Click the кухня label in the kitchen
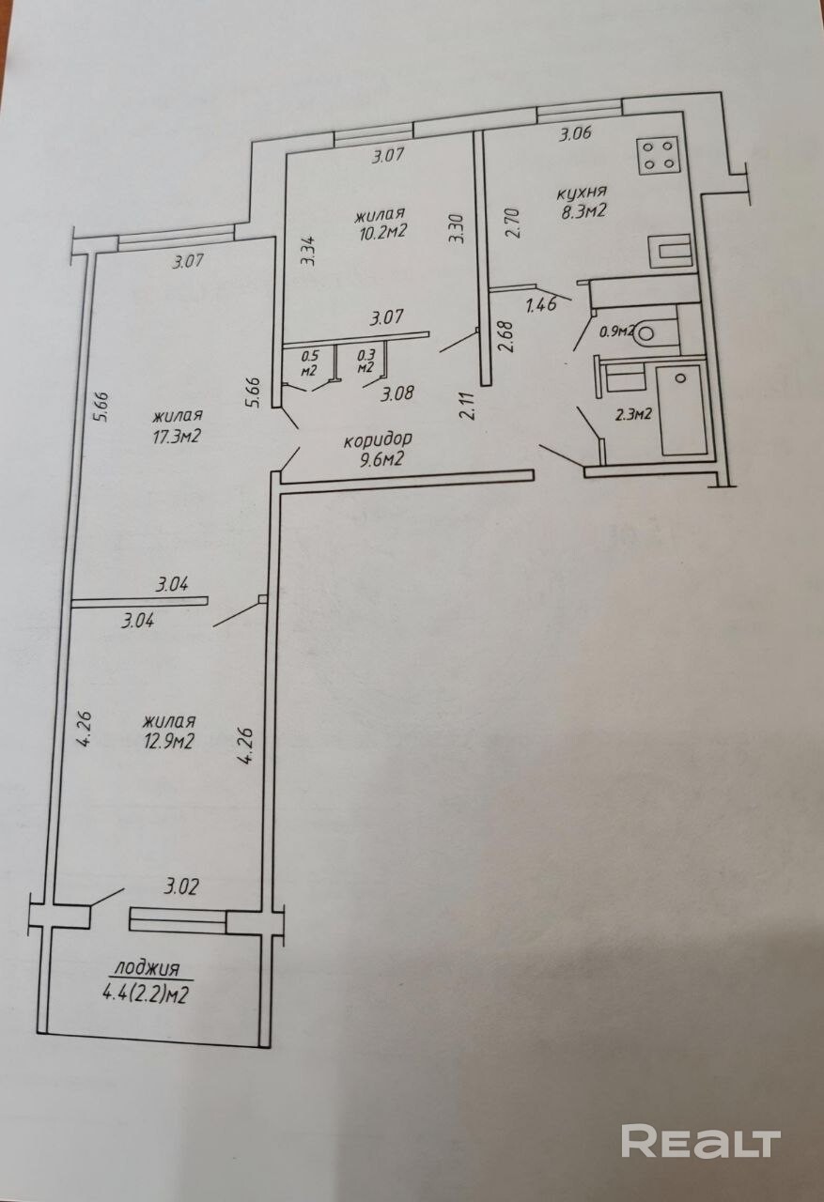tap(582, 192)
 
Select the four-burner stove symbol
tap(658, 155)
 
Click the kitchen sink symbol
tap(671, 251)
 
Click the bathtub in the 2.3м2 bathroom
tap(680, 409)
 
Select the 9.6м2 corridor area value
tap(381, 460)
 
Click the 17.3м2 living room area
tap(177, 435)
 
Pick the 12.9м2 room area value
tap(168, 741)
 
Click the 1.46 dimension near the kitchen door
tap(540, 305)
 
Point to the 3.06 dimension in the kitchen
tap(575, 133)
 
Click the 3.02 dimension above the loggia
tap(181, 886)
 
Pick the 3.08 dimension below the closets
tap(396, 394)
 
